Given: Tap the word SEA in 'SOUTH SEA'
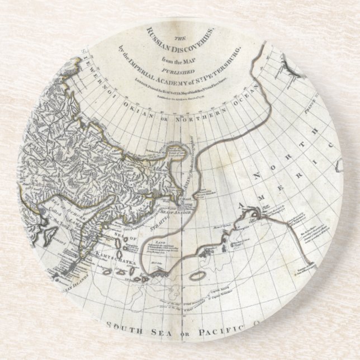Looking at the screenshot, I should tap(162, 326).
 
